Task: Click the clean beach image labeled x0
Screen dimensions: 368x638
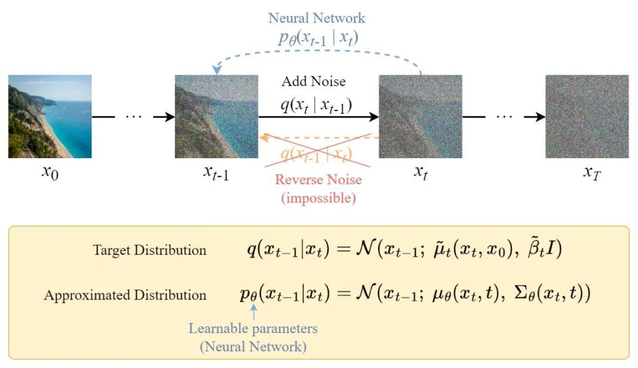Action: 50,116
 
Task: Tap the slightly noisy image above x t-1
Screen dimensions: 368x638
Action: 216,116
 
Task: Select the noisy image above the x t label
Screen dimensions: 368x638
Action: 421,116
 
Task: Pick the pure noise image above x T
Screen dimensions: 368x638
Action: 587,116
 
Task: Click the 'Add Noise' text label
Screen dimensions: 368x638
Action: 313,82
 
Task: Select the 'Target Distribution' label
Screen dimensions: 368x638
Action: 150,250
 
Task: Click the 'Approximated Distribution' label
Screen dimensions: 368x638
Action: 125,295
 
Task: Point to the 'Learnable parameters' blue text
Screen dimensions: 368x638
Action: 253,328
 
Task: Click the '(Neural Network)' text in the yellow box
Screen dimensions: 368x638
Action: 253,347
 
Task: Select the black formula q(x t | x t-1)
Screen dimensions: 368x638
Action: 316,105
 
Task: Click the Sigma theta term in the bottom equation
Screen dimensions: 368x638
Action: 548,294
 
